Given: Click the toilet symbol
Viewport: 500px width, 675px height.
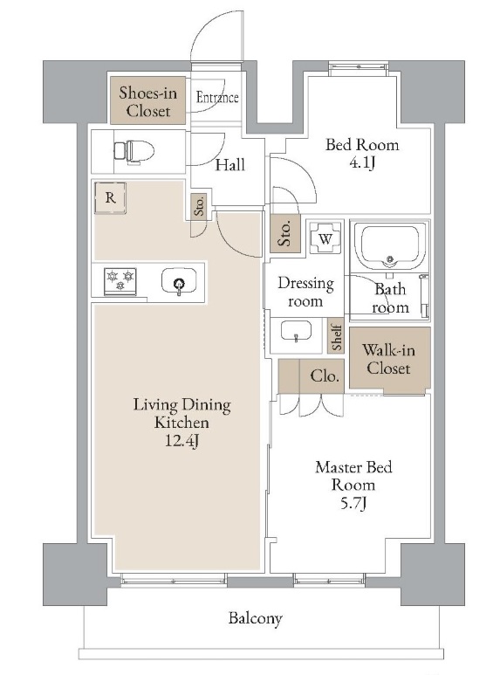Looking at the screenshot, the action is point(134,152).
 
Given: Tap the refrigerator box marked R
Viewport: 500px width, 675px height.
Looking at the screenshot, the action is point(111,197).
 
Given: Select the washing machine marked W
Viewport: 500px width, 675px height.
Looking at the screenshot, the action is point(325,238).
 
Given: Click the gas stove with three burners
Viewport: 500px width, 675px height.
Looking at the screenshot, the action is point(120,281).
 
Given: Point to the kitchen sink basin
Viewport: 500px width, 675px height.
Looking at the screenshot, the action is point(179,281).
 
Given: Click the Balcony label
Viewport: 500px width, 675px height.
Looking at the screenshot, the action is point(256,618).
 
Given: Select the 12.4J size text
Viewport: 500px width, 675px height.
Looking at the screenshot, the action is point(182,441).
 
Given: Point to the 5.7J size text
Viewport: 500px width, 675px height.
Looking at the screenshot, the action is point(353,503).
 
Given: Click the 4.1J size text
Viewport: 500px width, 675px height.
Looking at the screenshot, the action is point(362,162).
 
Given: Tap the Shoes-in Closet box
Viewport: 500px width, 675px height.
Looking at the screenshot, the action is point(147,100).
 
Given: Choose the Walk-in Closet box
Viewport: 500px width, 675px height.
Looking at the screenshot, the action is point(389,359).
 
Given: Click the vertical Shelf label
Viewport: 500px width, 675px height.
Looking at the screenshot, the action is point(337,337).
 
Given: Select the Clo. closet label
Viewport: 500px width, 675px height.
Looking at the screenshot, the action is point(325,376).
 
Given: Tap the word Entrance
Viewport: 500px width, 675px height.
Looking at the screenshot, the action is point(217,97).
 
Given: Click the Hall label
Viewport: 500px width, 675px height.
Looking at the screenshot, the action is point(229,164).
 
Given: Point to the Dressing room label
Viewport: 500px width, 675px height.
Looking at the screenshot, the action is point(306,292).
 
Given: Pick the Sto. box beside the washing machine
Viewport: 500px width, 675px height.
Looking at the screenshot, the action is point(284,233).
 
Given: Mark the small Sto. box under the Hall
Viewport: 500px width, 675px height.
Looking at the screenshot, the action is point(199,206).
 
